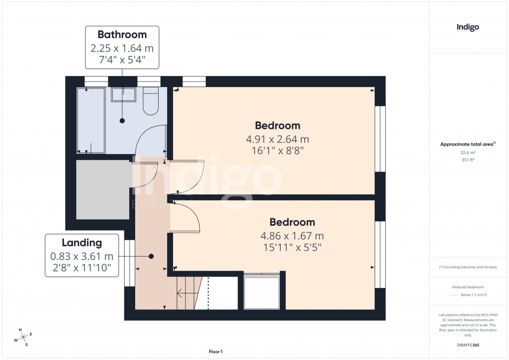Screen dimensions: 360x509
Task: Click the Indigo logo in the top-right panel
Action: tap(468, 27)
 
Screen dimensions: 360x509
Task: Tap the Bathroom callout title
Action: tap(122, 35)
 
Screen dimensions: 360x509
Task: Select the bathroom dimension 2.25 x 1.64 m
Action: tap(122, 48)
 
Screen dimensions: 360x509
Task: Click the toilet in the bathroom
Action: tap(150, 102)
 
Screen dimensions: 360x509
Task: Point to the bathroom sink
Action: tap(123, 94)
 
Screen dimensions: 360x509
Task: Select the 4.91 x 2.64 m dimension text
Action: tap(277, 139)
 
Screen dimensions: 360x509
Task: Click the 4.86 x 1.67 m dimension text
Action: tap(292, 236)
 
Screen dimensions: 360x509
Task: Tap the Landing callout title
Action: tap(82, 243)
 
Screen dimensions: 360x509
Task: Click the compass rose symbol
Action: tap(23, 338)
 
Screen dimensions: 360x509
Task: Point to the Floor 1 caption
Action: tap(216, 352)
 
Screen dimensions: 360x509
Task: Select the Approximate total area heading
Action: tap(468, 144)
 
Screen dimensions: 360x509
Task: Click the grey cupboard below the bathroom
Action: tap(102, 189)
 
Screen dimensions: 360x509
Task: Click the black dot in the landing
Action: tap(151, 256)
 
